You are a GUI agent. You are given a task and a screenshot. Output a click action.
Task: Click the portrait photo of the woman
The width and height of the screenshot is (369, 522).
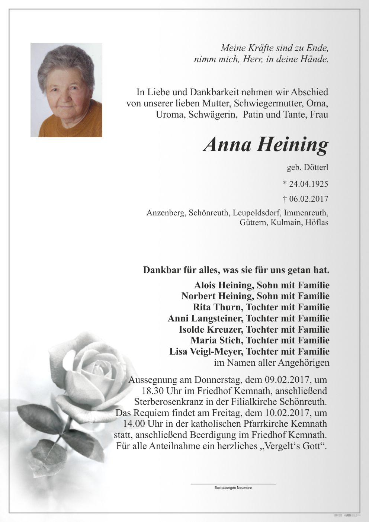point(66,90)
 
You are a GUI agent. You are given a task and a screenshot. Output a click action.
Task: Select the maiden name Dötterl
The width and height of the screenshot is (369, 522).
point(316,168)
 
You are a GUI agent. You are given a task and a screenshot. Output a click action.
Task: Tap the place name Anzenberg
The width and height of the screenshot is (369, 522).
point(166,213)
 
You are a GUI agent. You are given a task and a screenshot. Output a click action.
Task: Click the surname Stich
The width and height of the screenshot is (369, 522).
point(231,340)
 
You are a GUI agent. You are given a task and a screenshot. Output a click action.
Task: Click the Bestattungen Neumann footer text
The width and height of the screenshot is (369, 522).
point(233,487)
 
